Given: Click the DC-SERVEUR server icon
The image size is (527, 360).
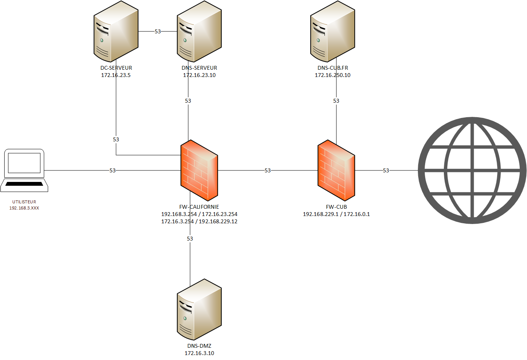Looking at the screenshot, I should click(x=116, y=31).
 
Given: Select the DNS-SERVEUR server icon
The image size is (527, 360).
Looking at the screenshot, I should click(x=199, y=31).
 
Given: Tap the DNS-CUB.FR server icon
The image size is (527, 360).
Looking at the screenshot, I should click(x=332, y=31).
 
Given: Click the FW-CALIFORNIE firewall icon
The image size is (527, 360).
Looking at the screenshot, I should click(x=199, y=170).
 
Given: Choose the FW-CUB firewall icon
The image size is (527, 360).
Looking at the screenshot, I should click(x=336, y=170).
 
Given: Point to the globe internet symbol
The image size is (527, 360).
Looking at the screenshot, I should click(x=472, y=170).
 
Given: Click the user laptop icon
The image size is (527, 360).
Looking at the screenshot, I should click(x=24, y=170).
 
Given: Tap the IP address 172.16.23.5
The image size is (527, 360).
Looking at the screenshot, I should click(x=116, y=75).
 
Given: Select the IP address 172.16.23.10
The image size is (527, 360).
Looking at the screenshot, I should click(x=199, y=75).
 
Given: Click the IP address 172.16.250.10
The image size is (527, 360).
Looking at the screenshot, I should click(x=332, y=75).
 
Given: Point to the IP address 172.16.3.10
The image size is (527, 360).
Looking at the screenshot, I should click(x=199, y=353).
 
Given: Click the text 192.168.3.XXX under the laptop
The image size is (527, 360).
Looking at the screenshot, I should click(x=24, y=208).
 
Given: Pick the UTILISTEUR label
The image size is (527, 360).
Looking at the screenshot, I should click(x=24, y=202).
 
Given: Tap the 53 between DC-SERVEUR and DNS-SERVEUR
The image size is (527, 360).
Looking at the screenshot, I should click(x=158, y=31).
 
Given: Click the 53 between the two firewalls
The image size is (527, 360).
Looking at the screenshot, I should click(x=268, y=170).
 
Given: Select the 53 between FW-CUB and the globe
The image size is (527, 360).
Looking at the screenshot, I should click(x=386, y=170).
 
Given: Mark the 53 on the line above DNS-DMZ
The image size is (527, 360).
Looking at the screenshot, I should click(x=190, y=239).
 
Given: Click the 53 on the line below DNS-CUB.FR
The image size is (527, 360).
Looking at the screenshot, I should click(x=336, y=101).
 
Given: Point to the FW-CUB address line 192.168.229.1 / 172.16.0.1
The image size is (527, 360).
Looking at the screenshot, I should click(x=336, y=214).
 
